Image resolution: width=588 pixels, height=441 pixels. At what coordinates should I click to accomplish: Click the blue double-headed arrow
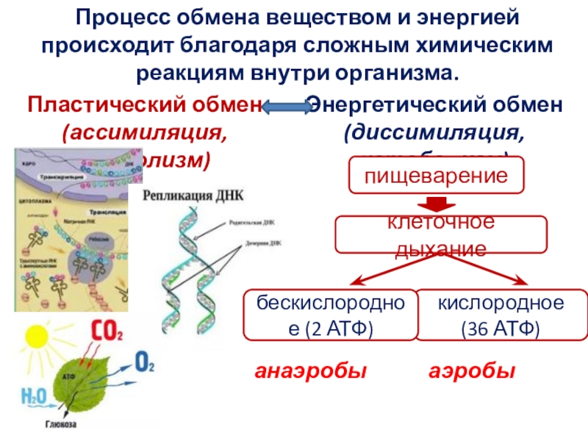tap(287, 107)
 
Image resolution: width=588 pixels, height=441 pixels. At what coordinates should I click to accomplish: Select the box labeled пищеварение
tap(437, 175)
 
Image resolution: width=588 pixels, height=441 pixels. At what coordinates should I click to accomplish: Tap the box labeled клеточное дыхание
tap(441, 234)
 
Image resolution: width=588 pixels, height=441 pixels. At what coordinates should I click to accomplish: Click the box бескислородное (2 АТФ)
tap(329, 315)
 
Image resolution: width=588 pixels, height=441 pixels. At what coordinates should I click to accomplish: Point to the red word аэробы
tap(471, 372)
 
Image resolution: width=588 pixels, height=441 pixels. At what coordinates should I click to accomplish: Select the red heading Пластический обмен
tap(144, 104)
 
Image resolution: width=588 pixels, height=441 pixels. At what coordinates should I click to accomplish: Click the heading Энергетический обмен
tap(436, 104)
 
